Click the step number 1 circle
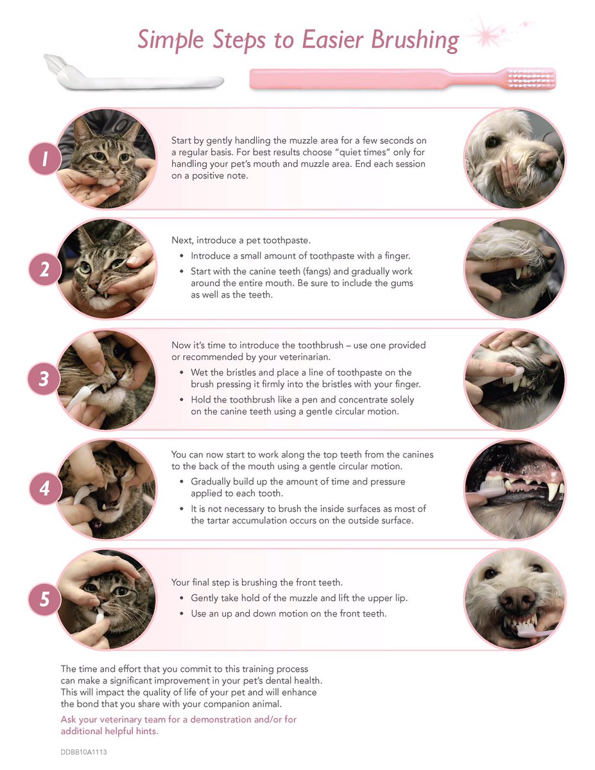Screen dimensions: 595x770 click(45, 158)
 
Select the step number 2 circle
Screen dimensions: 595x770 click(45, 269)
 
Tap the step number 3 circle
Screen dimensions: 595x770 click(44, 379)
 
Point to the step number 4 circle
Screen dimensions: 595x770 click(45, 488)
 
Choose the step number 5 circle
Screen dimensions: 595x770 click(45, 599)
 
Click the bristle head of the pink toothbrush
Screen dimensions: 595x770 click(531, 78)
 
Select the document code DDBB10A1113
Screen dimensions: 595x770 click(83, 752)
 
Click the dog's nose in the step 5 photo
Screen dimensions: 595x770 click(517, 599)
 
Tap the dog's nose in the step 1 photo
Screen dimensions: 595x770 click(548, 160)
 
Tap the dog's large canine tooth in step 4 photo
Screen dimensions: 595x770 click(553, 490)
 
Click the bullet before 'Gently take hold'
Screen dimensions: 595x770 click(182, 599)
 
